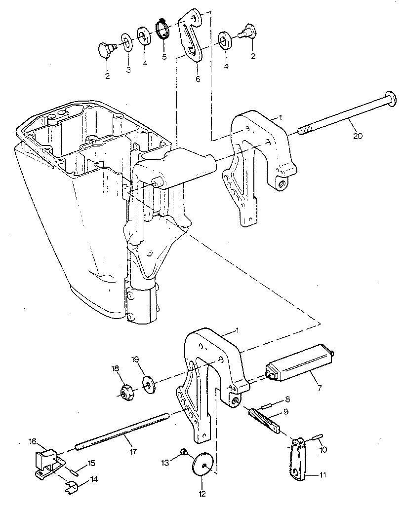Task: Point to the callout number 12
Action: coord(202,493)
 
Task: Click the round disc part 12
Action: coord(202,464)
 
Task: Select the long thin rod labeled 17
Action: coord(123,432)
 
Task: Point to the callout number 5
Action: coord(164,56)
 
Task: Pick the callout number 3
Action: coord(128,70)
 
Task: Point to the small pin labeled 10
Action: coord(317,437)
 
